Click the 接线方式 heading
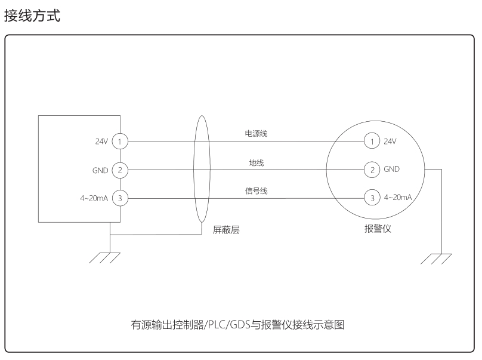pyautogui.click(x=32, y=16)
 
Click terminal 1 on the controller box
pyautogui.click(x=120, y=141)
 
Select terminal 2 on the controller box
pyautogui.click(x=120, y=170)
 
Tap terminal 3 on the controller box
pyautogui.click(x=120, y=198)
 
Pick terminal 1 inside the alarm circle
pyautogui.click(x=372, y=141)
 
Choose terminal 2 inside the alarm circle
pyautogui.click(x=372, y=169)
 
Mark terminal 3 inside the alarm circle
pyautogui.click(x=372, y=198)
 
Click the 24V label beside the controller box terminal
pyautogui.click(x=101, y=141)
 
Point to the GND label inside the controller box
pyautogui.click(x=100, y=171)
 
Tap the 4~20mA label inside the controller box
pyautogui.click(x=94, y=198)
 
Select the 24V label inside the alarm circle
pyautogui.click(x=390, y=141)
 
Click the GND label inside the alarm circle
pyautogui.click(x=391, y=169)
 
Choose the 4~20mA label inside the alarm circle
pyautogui.click(x=398, y=197)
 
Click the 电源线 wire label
pyautogui.click(x=256, y=133)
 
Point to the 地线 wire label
pyautogui.click(x=257, y=162)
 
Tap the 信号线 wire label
pyautogui.click(x=256, y=191)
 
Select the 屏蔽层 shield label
pyautogui.click(x=226, y=229)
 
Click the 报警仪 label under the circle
pyautogui.click(x=378, y=229)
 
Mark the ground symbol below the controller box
pyautogui.click(x=105, y=258)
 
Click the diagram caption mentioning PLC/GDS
pyautogui.click(x=237, y=324)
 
